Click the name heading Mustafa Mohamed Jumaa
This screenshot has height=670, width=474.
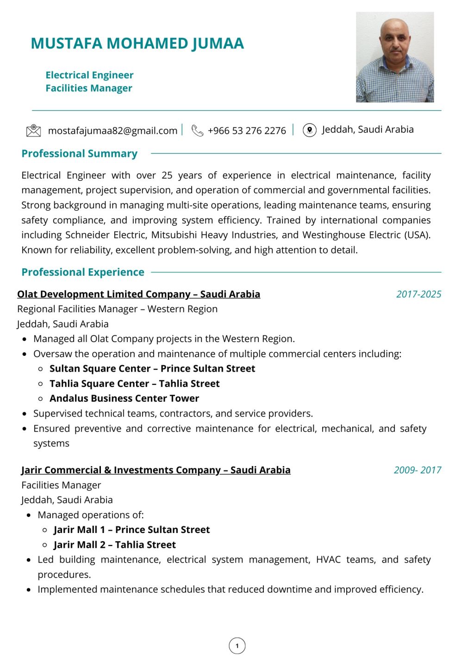[x=137, y=43]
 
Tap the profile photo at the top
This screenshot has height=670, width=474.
[x=394, y=57]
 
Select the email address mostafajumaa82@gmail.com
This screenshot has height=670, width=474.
[x=112, y=131]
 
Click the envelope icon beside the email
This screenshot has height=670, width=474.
[x=33, y=131]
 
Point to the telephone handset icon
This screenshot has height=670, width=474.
[x=197, y=131]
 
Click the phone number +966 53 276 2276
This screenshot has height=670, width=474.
[x=247, y=131]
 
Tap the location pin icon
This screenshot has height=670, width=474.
[x=309, y=130]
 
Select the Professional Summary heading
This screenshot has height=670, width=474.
[x=79, y=154]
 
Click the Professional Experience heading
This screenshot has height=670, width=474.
[x=83, y=272]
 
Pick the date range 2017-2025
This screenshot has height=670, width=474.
[x=418, y=294]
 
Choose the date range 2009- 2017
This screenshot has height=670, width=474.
[x=417, y=470]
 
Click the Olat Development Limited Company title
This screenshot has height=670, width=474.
[x=138, y=294]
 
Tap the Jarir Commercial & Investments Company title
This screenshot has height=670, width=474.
[x=156, y=470]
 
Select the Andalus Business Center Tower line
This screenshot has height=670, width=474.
[x=124, y=398]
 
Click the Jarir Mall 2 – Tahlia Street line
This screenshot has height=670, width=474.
[x=115, y=545]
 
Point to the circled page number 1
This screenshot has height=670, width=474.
[x=237, y=646]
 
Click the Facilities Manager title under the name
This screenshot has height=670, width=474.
[x=89, y=88]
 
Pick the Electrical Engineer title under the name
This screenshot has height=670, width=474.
[x=89, y=75]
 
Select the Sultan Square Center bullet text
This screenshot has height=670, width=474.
[x=152, y=369]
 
